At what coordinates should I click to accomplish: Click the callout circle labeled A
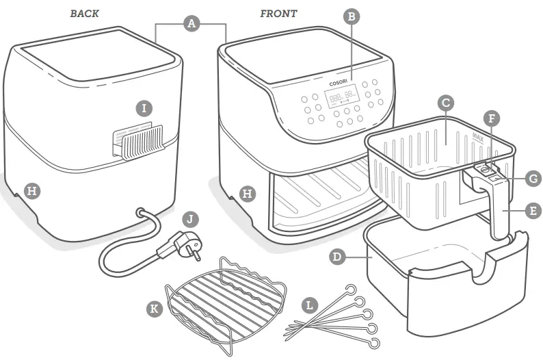(x=191, y=23)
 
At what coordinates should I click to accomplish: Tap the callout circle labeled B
(x=352, y=17)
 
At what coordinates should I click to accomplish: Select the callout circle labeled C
(x=445, y=103)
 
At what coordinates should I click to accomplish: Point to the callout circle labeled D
(x=336, y=257)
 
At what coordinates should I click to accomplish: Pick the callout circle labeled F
(x=490, y=118)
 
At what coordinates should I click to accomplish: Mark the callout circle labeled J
(x=192, y=220)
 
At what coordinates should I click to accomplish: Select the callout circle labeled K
(x=155, y=308)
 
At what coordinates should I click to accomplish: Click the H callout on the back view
(x=31, y=191)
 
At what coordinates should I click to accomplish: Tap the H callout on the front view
(x=248, y=194)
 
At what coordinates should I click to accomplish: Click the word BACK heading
(x=84, y=14)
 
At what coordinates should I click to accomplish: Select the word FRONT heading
(x=278, y=14)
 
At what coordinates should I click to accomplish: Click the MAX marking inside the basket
(x=478, y=137)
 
